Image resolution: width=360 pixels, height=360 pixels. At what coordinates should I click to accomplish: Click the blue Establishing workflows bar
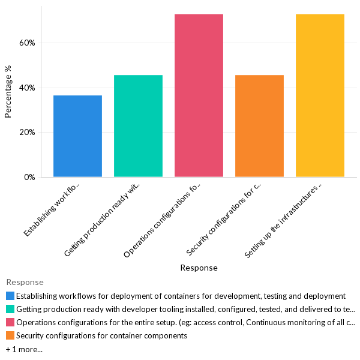(77, 136)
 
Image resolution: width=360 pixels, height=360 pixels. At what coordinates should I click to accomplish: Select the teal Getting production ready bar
(138, 126)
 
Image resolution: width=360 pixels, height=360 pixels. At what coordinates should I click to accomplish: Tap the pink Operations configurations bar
(199, 95)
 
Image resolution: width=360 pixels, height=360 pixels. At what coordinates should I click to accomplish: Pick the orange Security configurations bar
(259, 126)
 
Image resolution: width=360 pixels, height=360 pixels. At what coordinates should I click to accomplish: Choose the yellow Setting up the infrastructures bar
(320, 95)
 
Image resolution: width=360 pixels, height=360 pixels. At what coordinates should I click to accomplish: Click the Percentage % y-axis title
(8, 91)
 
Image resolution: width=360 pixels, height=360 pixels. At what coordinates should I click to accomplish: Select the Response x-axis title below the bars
(199, 268)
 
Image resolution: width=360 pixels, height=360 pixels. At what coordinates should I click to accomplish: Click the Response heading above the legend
(25, 282)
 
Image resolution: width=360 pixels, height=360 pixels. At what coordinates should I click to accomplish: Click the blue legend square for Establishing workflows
(10, 296)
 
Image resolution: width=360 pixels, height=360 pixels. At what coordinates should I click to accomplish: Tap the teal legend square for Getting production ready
(10, 309)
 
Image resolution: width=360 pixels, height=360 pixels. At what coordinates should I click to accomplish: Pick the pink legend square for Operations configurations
(10, 322)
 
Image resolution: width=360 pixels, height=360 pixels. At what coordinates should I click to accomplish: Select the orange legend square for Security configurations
(10, 335)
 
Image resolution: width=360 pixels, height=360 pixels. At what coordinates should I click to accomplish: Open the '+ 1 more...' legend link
(24, 349)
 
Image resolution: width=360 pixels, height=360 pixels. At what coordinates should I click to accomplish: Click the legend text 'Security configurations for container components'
(101, 335)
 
